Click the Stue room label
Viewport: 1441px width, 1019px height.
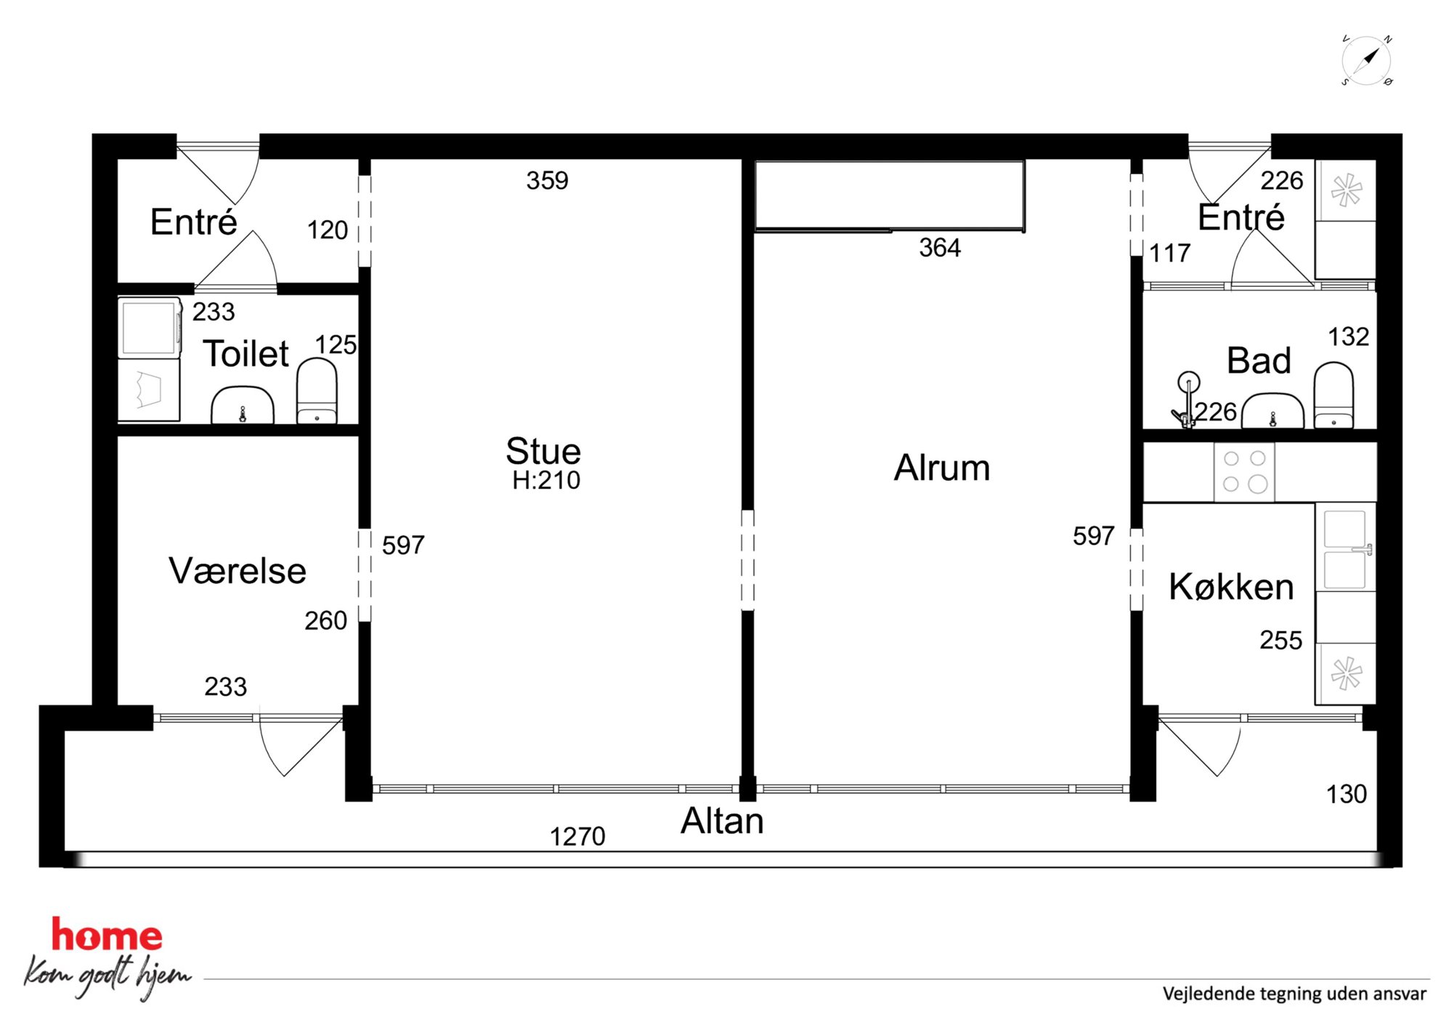coord(543,451)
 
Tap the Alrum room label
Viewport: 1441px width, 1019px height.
coord(942,468)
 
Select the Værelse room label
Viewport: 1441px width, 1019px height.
coord(238,571)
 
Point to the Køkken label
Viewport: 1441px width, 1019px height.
coord(1231,587)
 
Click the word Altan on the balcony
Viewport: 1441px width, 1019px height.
coord(722,821)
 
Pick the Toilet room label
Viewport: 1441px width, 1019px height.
coord(245,354)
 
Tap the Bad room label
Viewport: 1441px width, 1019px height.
coord(1259,360)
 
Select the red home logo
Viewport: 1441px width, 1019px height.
coord(107,935)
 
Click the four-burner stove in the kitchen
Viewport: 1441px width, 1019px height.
coord(1244,471)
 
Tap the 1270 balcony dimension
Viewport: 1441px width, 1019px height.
coord(577,837)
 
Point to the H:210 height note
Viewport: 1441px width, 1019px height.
coord(546,481)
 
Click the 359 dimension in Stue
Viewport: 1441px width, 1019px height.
coord(547,181)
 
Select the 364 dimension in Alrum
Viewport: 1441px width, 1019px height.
coord(940,248)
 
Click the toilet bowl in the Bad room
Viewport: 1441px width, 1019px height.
coord(1334,395)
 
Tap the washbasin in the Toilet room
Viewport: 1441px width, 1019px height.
coord(243,405)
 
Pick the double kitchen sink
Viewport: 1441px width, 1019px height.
coord(1346,549)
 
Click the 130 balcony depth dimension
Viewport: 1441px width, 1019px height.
coord(1347,795)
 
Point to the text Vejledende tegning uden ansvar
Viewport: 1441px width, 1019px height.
coord(1294,994)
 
